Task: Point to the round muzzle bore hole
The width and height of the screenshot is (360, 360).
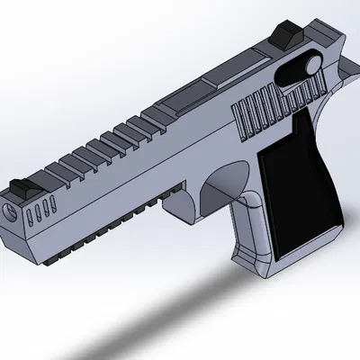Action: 11,214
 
